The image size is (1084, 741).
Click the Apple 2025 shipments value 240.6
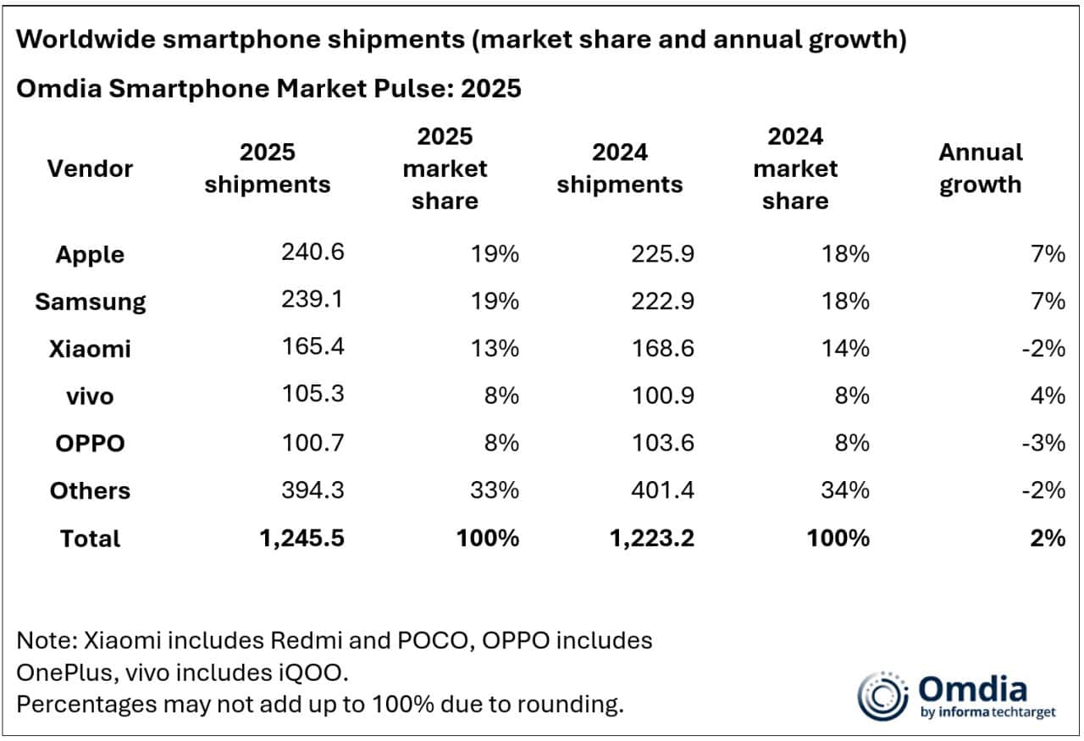click(x=312, y=252)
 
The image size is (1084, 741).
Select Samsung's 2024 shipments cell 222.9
click(x=662, y=300)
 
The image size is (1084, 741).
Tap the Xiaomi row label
click(x=90, y=348)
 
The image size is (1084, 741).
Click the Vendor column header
click(x=90, y=169)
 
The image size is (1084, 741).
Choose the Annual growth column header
click(x=980, y=169)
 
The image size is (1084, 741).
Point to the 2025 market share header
click(x=445, y=169)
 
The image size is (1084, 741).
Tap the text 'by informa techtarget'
click(x=987, y=712)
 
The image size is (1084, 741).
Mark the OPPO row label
click(x=90, y=443)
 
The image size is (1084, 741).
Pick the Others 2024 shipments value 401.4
click(x=662, y=489)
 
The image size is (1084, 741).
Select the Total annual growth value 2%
click(x=1048, y=537)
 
